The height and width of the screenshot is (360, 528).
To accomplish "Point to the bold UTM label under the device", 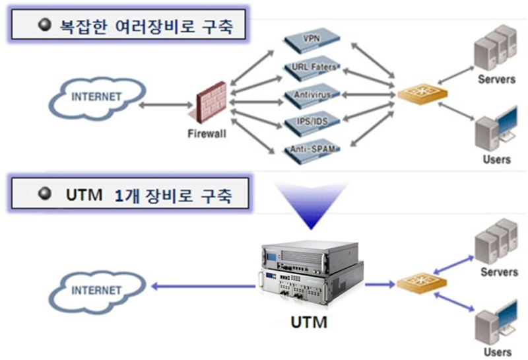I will (309, 324).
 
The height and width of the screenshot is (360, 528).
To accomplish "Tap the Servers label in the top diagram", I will (496, 80).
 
